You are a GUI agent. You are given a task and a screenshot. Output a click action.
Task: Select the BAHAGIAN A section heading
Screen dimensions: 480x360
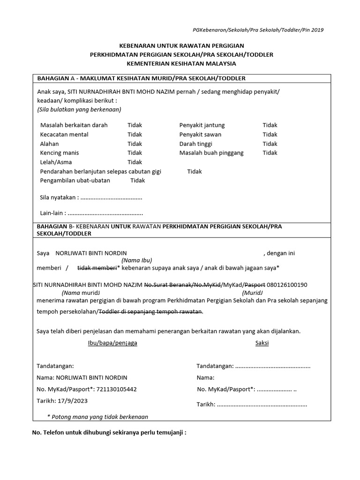coord(141,78)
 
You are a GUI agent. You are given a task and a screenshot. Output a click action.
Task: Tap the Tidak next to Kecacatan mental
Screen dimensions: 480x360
coord(135,135)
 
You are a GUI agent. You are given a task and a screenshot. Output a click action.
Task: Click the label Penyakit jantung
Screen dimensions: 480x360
coord(202,125)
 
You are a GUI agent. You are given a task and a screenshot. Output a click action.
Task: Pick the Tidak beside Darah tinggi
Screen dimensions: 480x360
coord(270,144)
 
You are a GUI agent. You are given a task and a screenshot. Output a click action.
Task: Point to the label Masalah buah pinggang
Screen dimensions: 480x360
coord(211,153)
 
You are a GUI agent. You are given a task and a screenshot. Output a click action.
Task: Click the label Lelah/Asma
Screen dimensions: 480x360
coord(53,162)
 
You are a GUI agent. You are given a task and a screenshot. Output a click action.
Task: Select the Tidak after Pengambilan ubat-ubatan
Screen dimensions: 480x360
coord(137,180)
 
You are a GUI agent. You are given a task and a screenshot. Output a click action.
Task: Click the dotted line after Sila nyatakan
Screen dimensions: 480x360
coord(112,198)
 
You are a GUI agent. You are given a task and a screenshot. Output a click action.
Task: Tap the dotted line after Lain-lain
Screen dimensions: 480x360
coord(105,213)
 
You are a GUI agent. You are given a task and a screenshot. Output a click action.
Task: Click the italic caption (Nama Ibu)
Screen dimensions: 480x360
coord(137,261)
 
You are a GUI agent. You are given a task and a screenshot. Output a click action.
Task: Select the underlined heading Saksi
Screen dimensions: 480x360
coord(262,343)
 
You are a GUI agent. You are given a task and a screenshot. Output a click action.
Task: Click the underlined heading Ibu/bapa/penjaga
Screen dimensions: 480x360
coord(112,343)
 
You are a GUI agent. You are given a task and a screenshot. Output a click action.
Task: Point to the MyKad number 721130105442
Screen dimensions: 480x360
coord(112,389)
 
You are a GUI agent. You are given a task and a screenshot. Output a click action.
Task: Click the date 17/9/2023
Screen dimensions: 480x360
coord(71,401)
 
